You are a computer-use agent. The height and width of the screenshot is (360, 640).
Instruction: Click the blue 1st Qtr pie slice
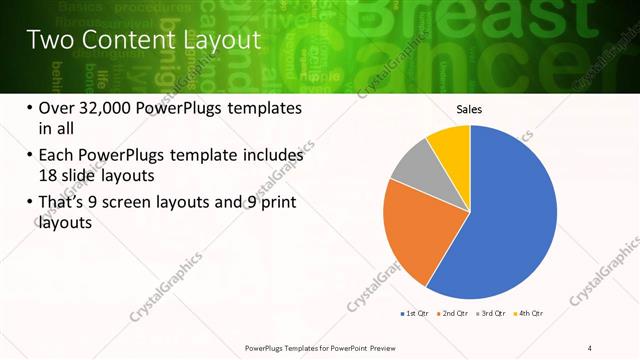[x=510, y=215]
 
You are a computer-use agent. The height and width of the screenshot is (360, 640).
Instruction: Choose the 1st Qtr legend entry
[x=415, y=314]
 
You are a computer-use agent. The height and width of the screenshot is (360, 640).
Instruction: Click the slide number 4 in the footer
[x=590, y=347]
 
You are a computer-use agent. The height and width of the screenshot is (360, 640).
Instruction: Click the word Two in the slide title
[x=47, y=40]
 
